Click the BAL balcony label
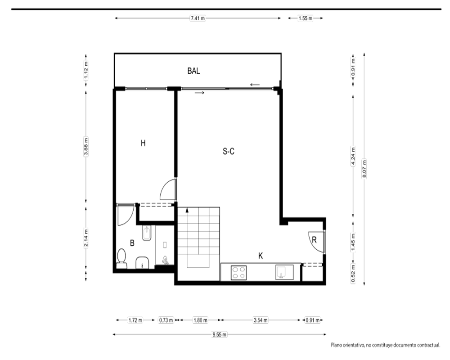[x=193, y=71]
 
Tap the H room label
[x=143, y=143]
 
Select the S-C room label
[x=229, y=151]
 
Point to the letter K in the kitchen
[x=261, y=256]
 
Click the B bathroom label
[x=132, y=243]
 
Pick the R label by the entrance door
[x=314, y=240]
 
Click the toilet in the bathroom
[x=121, y=259]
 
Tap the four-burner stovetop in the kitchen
[x=239, y=272]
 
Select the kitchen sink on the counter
[x=284, y=272]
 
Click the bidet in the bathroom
[x=147, y=233]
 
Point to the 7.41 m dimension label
[x=198, y=18]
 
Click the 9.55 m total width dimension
[x=219, y=334]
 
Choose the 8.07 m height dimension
[x=364, y=168]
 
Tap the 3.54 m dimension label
[x=261, y=320]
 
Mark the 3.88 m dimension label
[x=86, y=147]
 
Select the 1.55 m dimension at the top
[x=306, y=18]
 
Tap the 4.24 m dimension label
[x=353, y=156]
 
